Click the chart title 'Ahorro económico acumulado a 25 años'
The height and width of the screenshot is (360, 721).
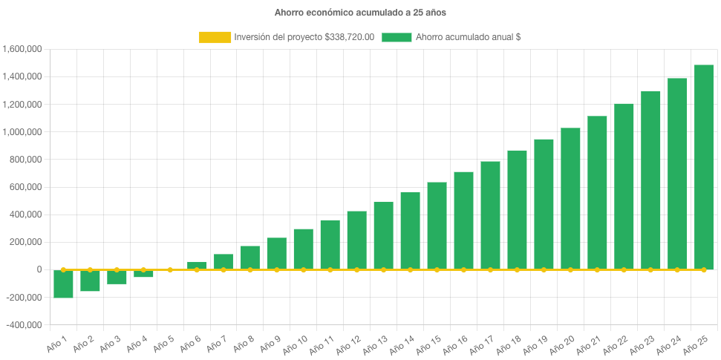tap(360, 13)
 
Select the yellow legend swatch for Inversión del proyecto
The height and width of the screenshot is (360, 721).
tap(215, 37)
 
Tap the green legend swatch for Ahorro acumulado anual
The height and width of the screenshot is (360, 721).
tap(397, 37)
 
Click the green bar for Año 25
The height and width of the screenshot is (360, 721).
tap(703, 167)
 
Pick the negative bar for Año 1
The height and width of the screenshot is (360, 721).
tap(63, 284)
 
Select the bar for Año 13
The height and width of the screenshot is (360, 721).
tap(383, 235)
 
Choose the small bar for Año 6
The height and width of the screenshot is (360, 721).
tap(197, 265)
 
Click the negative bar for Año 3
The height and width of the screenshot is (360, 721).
tap(117, 277)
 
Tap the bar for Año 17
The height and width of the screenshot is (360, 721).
tap(490, 215)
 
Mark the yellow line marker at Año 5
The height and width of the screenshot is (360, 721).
tap(170, 269)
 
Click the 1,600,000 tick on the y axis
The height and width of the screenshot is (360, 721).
tap(22, 49)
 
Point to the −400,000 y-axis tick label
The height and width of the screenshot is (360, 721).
tap(22, 325)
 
